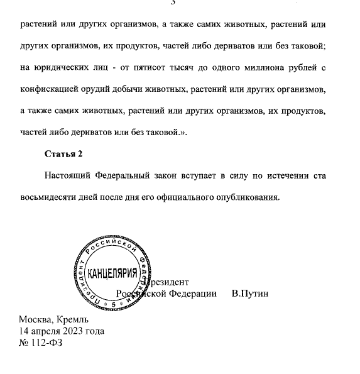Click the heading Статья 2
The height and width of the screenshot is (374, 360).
coord(63,153)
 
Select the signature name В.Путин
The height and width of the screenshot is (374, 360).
coord(249,294)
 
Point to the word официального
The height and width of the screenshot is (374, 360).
coord(176,197)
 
